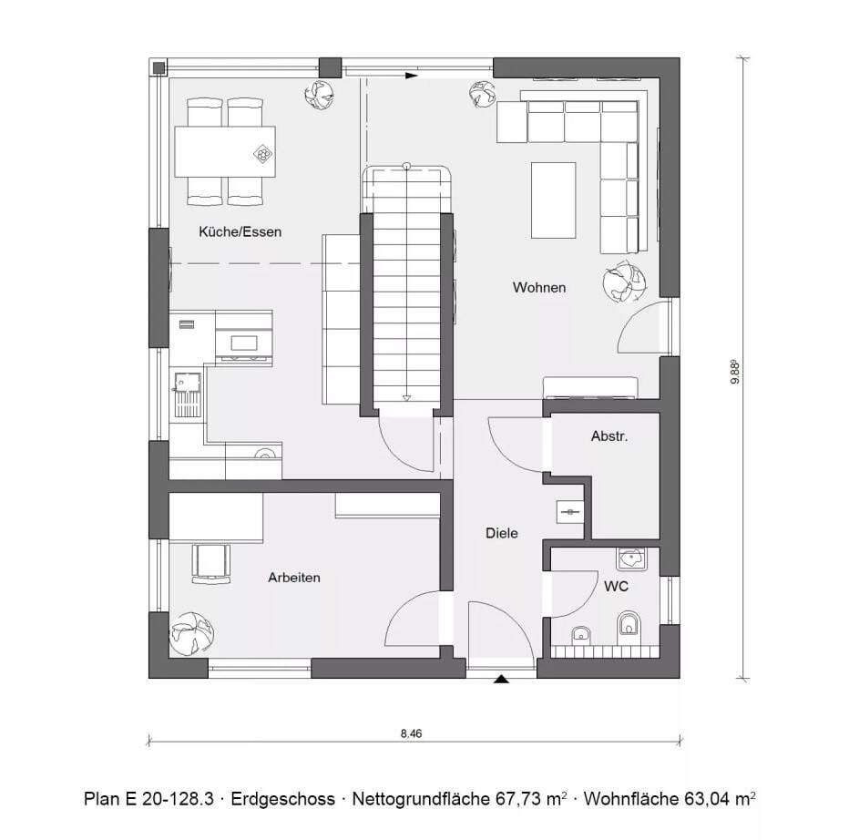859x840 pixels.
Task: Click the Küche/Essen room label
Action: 240,232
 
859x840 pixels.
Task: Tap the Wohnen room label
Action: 538,288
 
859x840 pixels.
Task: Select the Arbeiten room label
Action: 293,578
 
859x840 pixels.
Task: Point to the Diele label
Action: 501,533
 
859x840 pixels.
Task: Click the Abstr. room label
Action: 609,436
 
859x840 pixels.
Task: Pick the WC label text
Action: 616,587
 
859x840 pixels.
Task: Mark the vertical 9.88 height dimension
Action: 734,374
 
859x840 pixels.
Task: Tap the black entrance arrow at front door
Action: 500,679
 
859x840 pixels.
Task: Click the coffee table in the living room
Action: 553,200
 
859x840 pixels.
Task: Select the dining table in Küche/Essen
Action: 225,152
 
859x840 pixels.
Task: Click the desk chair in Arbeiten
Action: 210,561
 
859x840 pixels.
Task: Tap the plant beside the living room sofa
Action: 625,282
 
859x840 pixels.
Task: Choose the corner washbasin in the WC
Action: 629,558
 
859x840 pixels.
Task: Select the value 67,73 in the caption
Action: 516,799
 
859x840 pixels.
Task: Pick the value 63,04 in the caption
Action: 708,799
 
